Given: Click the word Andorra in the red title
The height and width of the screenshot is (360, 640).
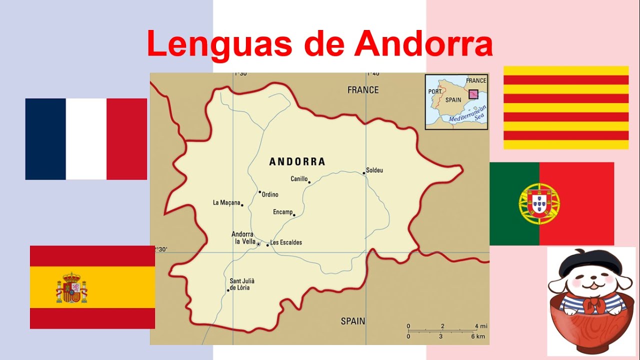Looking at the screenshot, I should click(x=424, y=44).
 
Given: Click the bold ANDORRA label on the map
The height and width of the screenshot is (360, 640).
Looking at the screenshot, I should click(x=297, y=161).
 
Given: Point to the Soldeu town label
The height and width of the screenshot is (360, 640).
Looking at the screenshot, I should click(x=374, y=170).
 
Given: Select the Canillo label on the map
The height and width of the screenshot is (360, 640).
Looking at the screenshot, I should click(x=299, y=178).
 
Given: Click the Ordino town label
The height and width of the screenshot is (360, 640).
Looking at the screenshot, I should click(x=270, y=194).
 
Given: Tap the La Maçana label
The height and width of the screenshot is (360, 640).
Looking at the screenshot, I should click(x=226, y=202).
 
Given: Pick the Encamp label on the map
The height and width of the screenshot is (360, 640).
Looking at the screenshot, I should click(x=282, y=212).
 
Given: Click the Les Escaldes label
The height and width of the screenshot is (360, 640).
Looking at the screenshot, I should click(x=286, y=242).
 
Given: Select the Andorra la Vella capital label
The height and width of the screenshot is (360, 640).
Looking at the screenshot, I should click(x=242, y=237).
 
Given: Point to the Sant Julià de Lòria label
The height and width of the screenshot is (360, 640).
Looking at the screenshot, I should click(x=242, y=284).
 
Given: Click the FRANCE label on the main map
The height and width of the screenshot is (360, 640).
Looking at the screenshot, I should click(x=363, y=90).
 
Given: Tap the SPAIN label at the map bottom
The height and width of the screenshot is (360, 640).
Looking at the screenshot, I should click(x=353, y=321).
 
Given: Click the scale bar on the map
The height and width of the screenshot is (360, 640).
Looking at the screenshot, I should click(x=442, y=330).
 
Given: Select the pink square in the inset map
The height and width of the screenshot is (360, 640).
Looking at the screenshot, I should click(x=473, y=94).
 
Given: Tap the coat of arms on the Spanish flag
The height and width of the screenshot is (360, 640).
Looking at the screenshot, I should click(x=71, y=288).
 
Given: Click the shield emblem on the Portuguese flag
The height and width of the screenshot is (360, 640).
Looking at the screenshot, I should click(x=539, y=203).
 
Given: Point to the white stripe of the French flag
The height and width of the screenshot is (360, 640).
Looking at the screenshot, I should click(x=86, y=139).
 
